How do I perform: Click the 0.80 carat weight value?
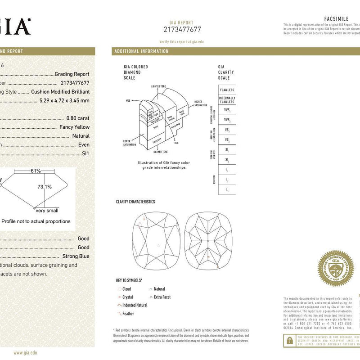[x=78, y=118]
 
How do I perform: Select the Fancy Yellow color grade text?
[x=74, y=127]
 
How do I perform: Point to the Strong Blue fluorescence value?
[x=76, y=256]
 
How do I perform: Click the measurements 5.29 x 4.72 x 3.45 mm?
[x=64, y=100]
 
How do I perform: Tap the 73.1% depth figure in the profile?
[x=44, y=187]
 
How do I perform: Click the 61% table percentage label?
[x=36, y=171]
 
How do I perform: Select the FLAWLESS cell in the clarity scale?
[x=227, y=90]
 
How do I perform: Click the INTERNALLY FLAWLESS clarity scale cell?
[x=227, y=100]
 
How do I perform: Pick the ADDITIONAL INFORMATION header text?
[x=142, y=51]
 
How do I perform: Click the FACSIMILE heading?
[x=337, y=18]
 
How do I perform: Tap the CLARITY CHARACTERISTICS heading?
[x=135, y=202]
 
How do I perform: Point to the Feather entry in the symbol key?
[x=128, y=314]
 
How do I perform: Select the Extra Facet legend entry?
[x=162, y=297]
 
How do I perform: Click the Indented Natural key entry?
[x=135, y=305]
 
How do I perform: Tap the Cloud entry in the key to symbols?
[x=126, y=289]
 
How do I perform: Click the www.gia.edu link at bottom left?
[x=25, y=353]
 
